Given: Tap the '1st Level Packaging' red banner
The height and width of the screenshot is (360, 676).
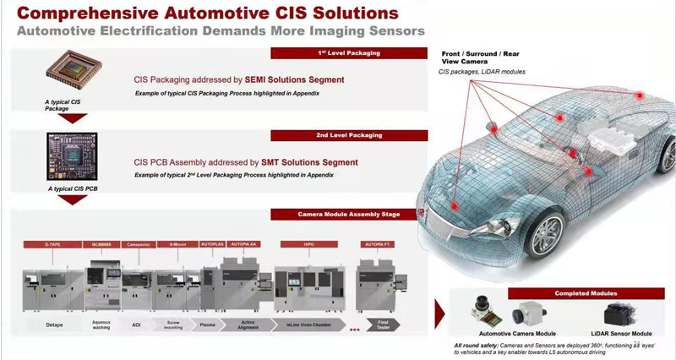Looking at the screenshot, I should (349, 53).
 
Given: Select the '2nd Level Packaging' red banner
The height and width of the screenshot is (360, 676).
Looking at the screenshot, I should (349, 135).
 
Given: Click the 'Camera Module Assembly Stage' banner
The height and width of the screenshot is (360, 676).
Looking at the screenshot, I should (349, 215).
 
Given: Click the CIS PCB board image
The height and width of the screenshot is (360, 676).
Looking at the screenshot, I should (73, 156).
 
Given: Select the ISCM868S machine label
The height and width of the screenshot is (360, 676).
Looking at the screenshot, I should (103, 244).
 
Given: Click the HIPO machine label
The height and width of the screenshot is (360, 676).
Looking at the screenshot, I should (309, 244).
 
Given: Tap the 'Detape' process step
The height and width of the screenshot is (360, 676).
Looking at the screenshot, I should (57, 325).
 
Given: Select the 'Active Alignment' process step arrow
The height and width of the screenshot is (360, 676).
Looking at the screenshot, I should (246, 325).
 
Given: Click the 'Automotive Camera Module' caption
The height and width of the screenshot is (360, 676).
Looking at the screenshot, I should (518, 334).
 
